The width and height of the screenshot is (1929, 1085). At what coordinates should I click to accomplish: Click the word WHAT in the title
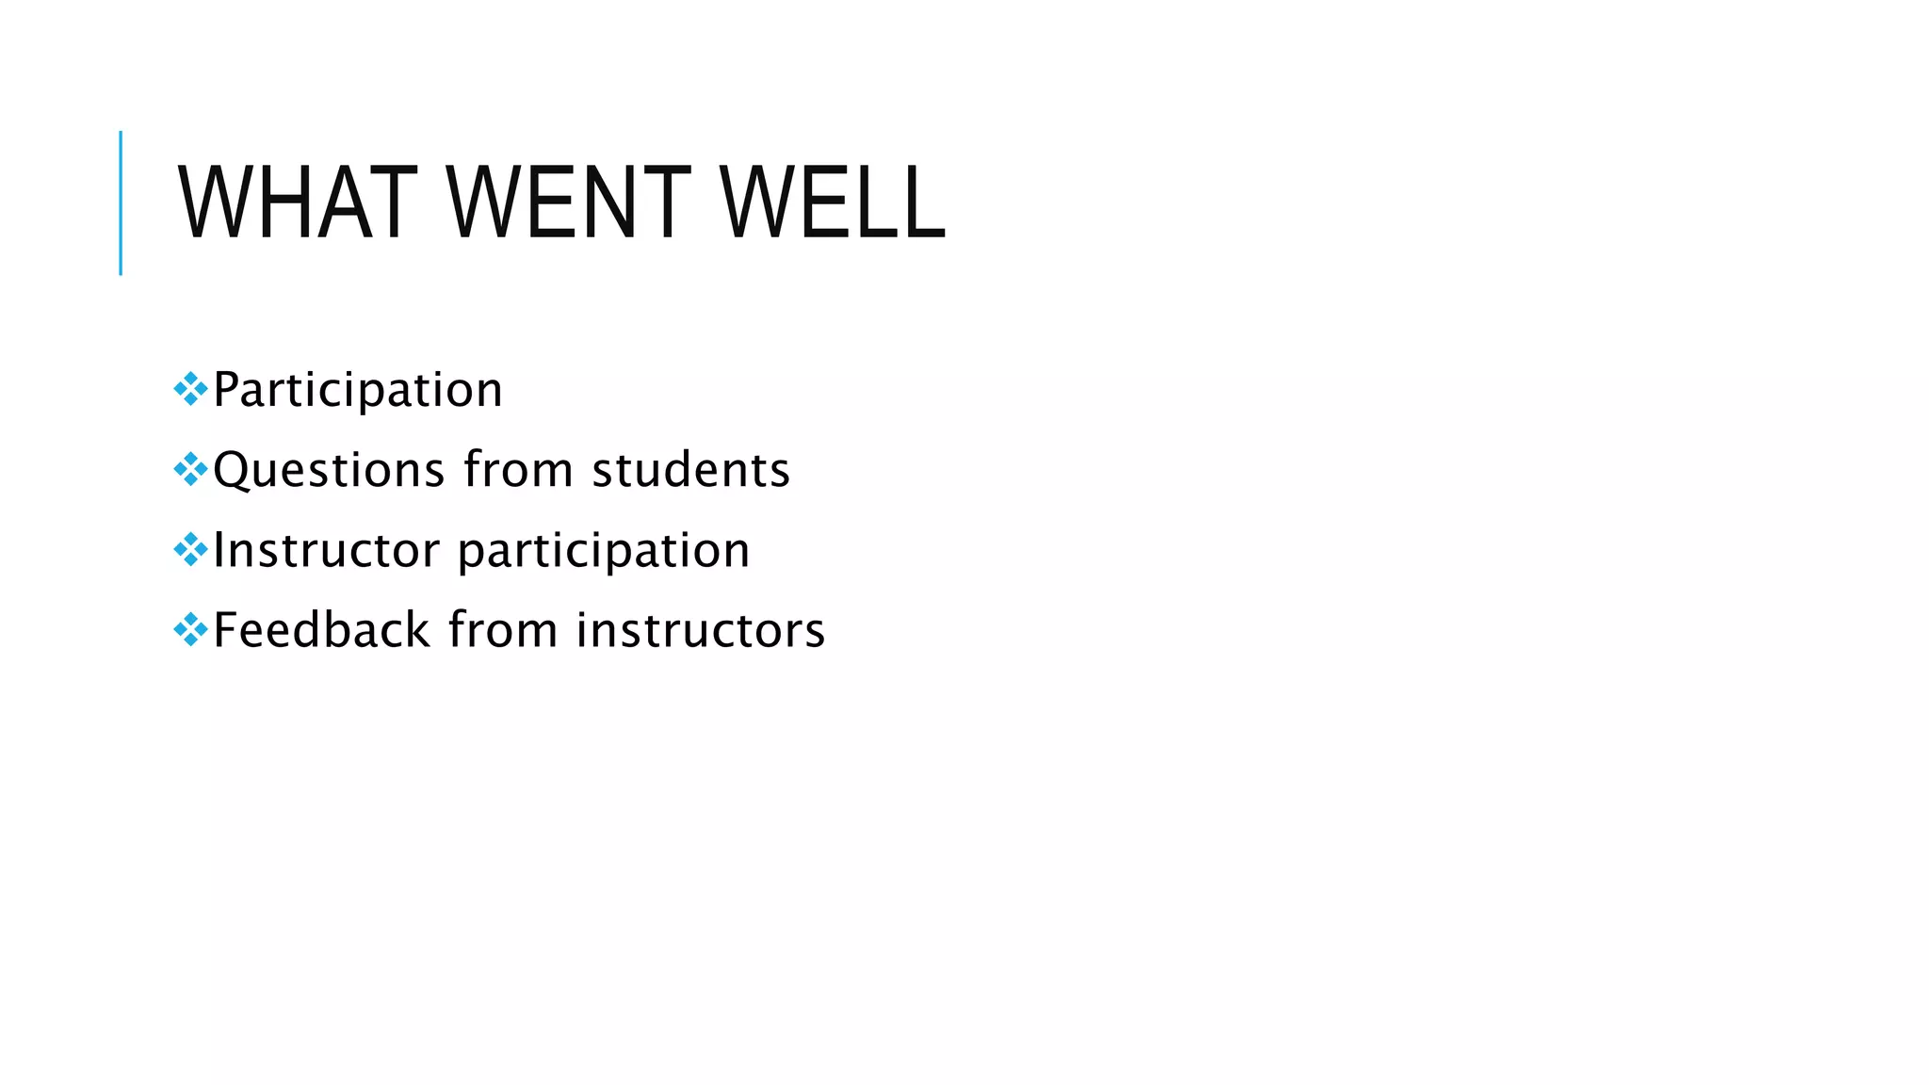[297, 202]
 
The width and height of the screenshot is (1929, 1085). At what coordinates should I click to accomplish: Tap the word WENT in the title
[568, 202]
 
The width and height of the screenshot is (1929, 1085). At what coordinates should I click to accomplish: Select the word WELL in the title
[832, 202]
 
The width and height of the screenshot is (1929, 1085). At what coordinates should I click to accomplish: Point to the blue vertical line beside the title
[121, 202]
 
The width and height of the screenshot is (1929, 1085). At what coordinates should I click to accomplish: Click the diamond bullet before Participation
[190, 389]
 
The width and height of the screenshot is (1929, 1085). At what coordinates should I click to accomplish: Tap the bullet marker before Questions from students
[190, 469]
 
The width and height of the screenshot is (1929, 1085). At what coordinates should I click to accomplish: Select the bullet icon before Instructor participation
[190, 549]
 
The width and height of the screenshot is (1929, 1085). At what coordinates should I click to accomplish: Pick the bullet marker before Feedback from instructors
[190, 629]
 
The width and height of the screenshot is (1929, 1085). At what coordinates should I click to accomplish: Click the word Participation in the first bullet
[358, 390]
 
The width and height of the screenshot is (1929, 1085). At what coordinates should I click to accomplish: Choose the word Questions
[329, 470]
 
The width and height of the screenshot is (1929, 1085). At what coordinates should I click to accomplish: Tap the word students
[690, 469]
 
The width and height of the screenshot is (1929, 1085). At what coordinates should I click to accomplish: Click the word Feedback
[321, 629]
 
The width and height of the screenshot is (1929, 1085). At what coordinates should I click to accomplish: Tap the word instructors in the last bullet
[701, 630]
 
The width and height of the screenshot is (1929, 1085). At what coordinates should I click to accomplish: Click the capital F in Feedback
[225, 629]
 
